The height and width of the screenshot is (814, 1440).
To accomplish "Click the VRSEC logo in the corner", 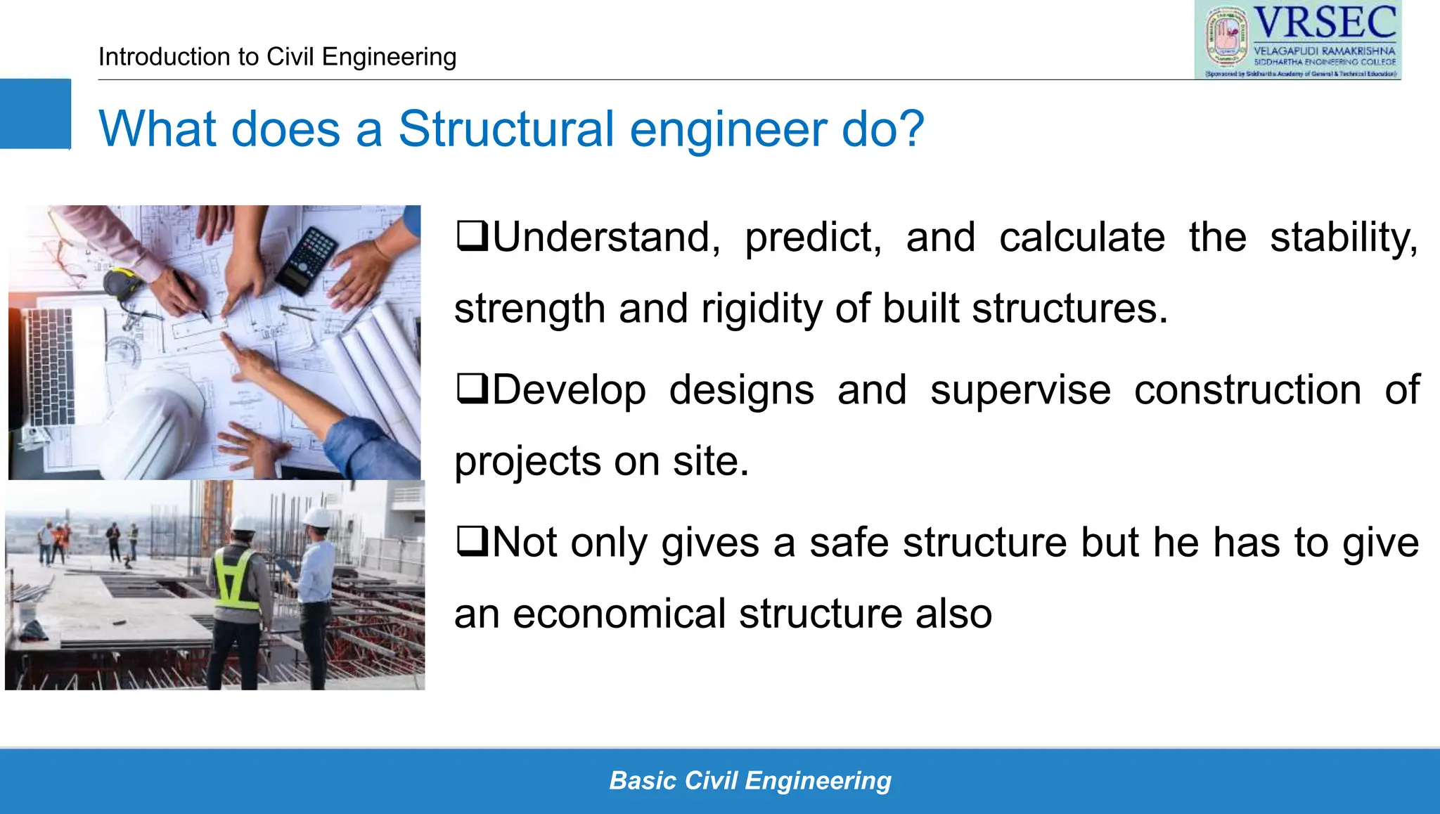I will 1297,40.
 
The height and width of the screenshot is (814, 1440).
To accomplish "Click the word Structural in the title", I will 506,129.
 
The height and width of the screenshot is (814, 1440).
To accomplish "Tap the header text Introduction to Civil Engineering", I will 277,56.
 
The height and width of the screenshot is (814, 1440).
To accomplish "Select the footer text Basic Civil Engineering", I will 750,780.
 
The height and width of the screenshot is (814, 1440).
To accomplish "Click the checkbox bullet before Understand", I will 472,236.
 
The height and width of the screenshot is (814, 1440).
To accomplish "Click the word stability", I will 1343,237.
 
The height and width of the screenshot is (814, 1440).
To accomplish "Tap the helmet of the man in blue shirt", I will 317,517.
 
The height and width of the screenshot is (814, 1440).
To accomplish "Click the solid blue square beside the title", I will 35,114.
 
